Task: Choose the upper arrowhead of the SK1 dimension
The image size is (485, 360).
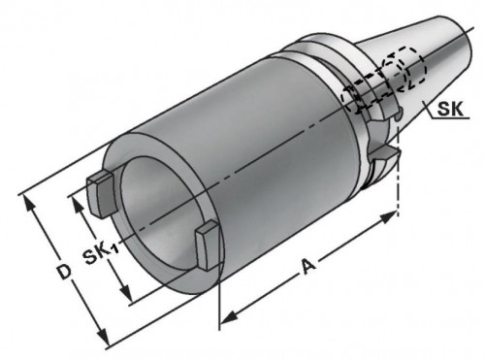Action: pos(71,202)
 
